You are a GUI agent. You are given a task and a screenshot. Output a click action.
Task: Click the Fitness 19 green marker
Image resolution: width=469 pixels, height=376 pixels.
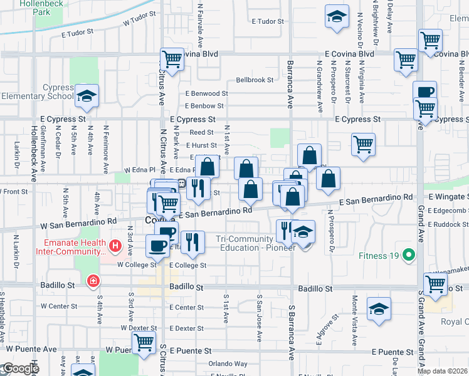409,255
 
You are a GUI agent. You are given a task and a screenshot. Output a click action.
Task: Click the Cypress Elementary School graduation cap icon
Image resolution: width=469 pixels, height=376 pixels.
87,96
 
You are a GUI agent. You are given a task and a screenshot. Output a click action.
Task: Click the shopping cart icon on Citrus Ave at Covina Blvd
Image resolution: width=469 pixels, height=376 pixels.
172,60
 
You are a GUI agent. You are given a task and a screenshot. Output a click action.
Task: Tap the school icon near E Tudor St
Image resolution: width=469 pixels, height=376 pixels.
337,17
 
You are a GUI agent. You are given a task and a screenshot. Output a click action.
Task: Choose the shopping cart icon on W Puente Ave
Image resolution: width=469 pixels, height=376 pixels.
144,343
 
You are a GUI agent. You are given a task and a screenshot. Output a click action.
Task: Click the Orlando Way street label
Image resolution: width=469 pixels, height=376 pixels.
228,363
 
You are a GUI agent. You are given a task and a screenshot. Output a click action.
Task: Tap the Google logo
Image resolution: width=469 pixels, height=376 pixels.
20,369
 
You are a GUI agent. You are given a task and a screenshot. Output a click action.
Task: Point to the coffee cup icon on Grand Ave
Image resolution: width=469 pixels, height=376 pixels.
424,91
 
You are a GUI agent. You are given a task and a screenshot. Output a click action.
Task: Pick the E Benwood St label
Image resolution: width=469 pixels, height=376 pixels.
206,93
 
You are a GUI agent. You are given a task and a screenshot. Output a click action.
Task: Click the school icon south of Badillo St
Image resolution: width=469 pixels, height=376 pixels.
379,310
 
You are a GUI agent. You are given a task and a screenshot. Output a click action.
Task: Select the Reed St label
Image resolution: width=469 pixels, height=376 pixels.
202,132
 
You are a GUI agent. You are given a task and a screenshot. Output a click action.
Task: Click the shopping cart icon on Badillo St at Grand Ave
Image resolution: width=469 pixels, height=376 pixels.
435,284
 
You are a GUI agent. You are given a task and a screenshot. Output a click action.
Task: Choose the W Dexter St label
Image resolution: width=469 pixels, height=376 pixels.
139,328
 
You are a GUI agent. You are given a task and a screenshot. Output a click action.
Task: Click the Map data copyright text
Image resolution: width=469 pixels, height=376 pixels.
442,371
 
